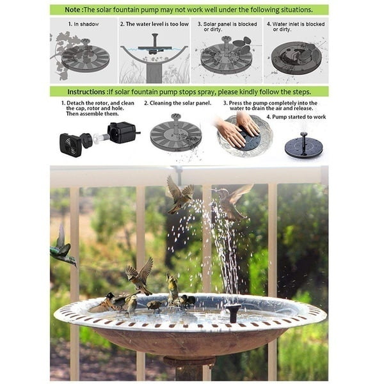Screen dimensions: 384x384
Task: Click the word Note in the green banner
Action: (72, 10)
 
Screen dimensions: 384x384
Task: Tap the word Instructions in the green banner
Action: (86, 92)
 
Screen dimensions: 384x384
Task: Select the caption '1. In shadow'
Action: (83, 24)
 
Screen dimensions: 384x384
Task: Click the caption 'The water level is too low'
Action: (157, 24)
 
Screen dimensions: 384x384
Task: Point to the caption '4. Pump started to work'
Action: (296, 117)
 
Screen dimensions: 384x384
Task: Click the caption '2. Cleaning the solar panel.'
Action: (177, 103)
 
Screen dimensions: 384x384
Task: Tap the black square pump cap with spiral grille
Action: (71, 145)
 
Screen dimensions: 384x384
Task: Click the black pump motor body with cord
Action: (122, 132)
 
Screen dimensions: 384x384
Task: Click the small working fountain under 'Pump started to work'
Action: (304, 146)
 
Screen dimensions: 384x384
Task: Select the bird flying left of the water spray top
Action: (179, 195)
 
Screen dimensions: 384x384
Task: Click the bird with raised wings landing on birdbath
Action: (140, 276)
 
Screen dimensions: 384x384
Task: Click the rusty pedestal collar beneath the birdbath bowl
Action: (189, 361)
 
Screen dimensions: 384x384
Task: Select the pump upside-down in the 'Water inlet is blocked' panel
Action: (296, 58)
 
